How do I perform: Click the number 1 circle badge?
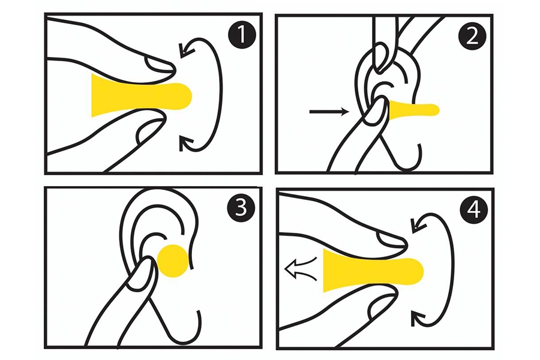coord(242,34)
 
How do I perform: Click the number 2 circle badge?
coord(472,36)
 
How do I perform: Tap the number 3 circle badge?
coord(241,208)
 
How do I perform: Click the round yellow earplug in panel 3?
coord(173,261)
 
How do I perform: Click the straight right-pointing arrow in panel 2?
coord(329,111)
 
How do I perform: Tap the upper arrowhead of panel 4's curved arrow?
coord(418,226)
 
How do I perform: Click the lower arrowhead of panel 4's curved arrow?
coord(418,317)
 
